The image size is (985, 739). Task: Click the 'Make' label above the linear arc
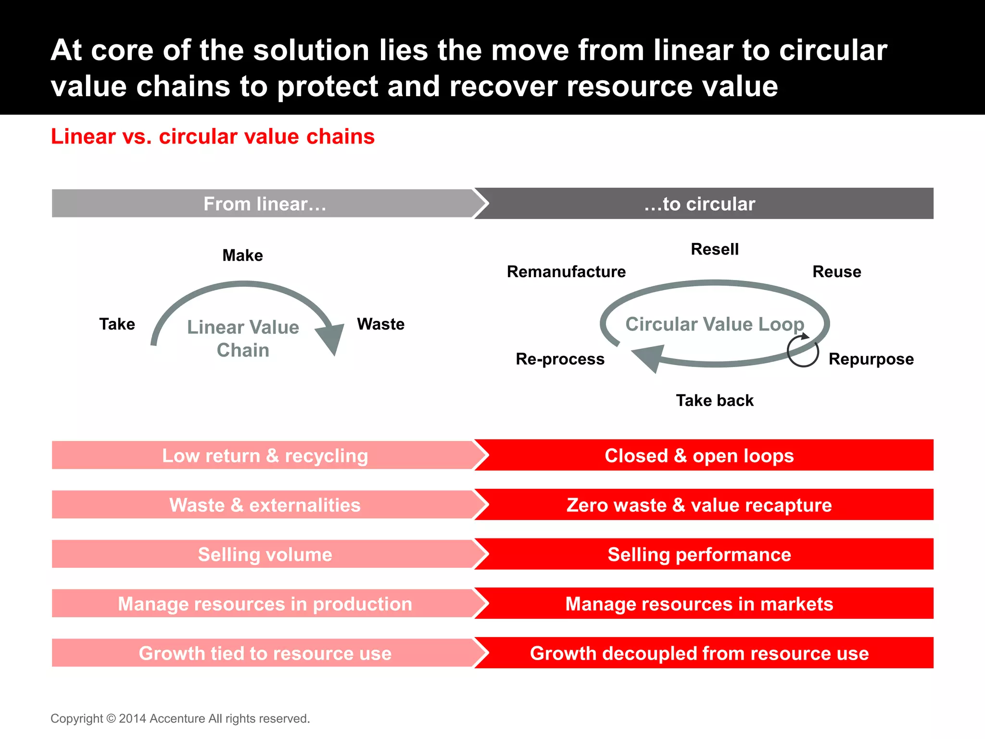(x=242, y=255)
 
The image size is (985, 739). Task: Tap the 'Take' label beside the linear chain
(x=117, y=324)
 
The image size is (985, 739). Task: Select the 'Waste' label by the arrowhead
(x=380, y=324)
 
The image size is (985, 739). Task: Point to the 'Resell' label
(x=715, y=249)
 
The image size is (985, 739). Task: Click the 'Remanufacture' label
(x=566, y=272)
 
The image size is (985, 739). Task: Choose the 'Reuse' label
(x=836, y=272)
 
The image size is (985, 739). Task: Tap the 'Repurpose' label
(x=871, y=359)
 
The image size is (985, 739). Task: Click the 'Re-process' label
(x=560, y=359)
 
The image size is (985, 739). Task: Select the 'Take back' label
(x=715, y=400)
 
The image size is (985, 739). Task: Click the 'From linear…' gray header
(x=265, y=204)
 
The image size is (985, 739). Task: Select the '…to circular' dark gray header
(x=700, y=204)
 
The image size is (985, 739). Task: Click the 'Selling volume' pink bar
(x=265, y=555)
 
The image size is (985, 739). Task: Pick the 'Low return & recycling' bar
(x=265, y=456)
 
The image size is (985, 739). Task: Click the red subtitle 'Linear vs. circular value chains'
(x=213, y=137)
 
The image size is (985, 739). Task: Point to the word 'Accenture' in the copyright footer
(x=177, y=719)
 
